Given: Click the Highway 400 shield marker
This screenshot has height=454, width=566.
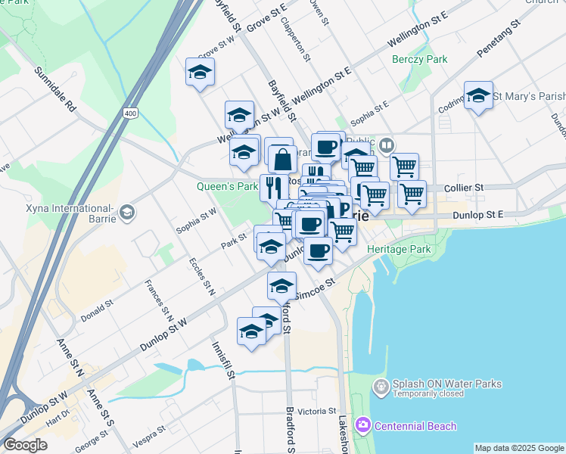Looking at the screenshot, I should coord(131,113).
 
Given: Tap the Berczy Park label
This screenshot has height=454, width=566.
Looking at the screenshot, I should coord(419,59).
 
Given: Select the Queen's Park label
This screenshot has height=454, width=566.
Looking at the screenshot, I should coord(228,186).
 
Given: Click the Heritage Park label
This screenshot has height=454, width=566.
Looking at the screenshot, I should coord(398,249).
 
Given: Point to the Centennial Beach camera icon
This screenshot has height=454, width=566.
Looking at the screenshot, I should coord(362,426).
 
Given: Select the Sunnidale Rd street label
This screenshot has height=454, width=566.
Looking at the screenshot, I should coord(55,89).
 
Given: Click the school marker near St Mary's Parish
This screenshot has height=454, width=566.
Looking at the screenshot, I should coord(478,95).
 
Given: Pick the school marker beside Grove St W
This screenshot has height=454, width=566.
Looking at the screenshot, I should coord(200,72).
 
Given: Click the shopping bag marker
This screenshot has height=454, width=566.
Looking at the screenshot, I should coord(282,159).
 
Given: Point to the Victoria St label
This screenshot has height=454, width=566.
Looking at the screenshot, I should coord(317,411).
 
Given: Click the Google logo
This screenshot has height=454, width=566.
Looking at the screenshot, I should coord(25,445).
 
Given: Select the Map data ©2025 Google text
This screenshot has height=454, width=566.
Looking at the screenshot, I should coord(518,448).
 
